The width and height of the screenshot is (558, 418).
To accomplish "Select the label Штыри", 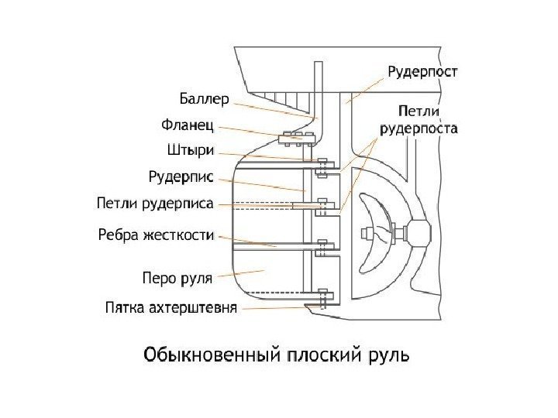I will (x=191, y=150).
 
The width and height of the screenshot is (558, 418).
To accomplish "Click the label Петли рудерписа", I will (x=155, y=205).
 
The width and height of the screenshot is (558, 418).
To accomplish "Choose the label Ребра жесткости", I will (x=157, y=233).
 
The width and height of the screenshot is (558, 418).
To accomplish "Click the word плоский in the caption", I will (x=325, y=357).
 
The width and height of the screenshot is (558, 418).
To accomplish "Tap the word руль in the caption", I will (x=390, y=357).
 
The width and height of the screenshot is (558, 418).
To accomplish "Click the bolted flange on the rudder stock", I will (x=295, y=139).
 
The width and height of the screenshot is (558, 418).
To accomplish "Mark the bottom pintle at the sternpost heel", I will (x=324, y=298).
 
